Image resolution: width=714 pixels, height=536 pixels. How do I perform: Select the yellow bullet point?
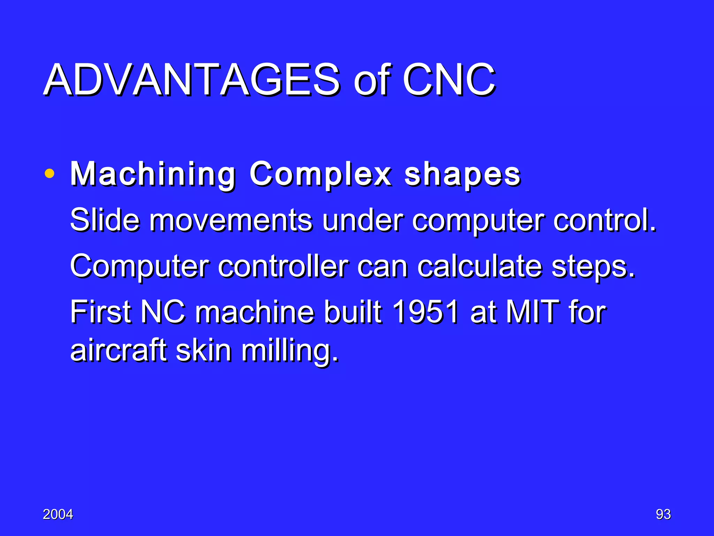[x=50, y=173]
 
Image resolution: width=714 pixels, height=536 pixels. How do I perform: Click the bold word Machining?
[x=153, y=174]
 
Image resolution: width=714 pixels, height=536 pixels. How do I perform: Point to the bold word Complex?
[x=320, y=174]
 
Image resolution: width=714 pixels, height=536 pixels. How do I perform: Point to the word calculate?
[x=480, y=266]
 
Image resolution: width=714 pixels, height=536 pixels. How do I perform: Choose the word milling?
[x=289, y=351]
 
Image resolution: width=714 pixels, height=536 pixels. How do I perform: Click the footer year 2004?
[x=58, y=514]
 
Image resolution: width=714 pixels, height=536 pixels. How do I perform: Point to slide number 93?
[x=663, y=514]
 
